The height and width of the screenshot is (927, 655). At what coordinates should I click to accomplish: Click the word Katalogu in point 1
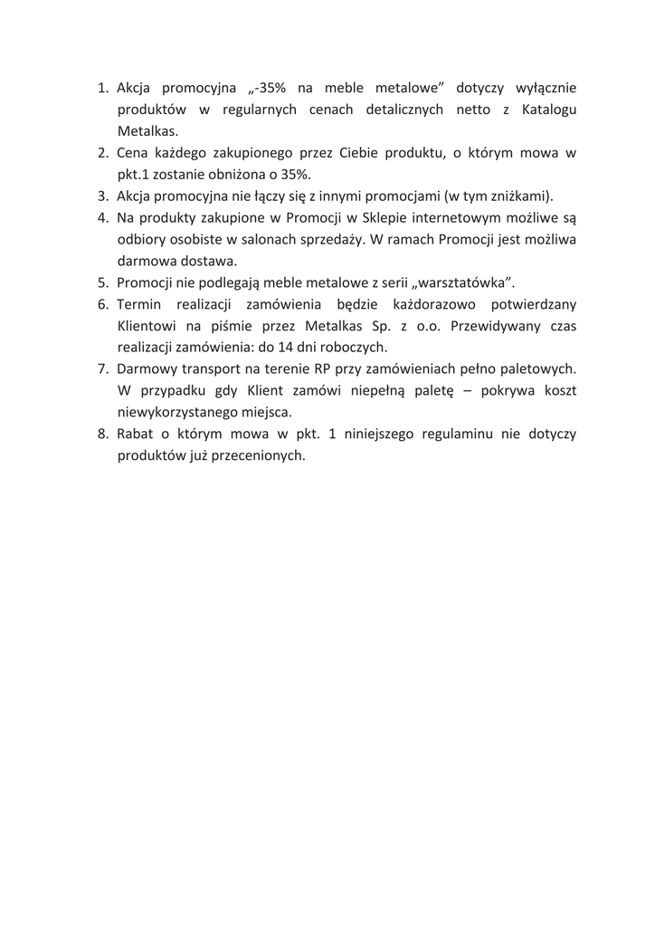coord(544,110)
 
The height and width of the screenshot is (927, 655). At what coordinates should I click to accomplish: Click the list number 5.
coord(102,283)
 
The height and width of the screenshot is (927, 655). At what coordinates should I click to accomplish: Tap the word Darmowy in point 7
coord(147,370)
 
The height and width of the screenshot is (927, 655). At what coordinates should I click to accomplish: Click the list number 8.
coord(102,435)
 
